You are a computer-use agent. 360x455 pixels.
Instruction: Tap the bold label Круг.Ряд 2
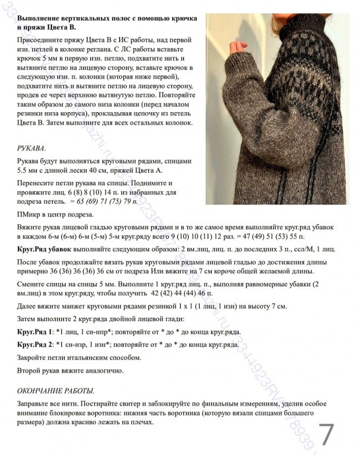click(x=36, y=345)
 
